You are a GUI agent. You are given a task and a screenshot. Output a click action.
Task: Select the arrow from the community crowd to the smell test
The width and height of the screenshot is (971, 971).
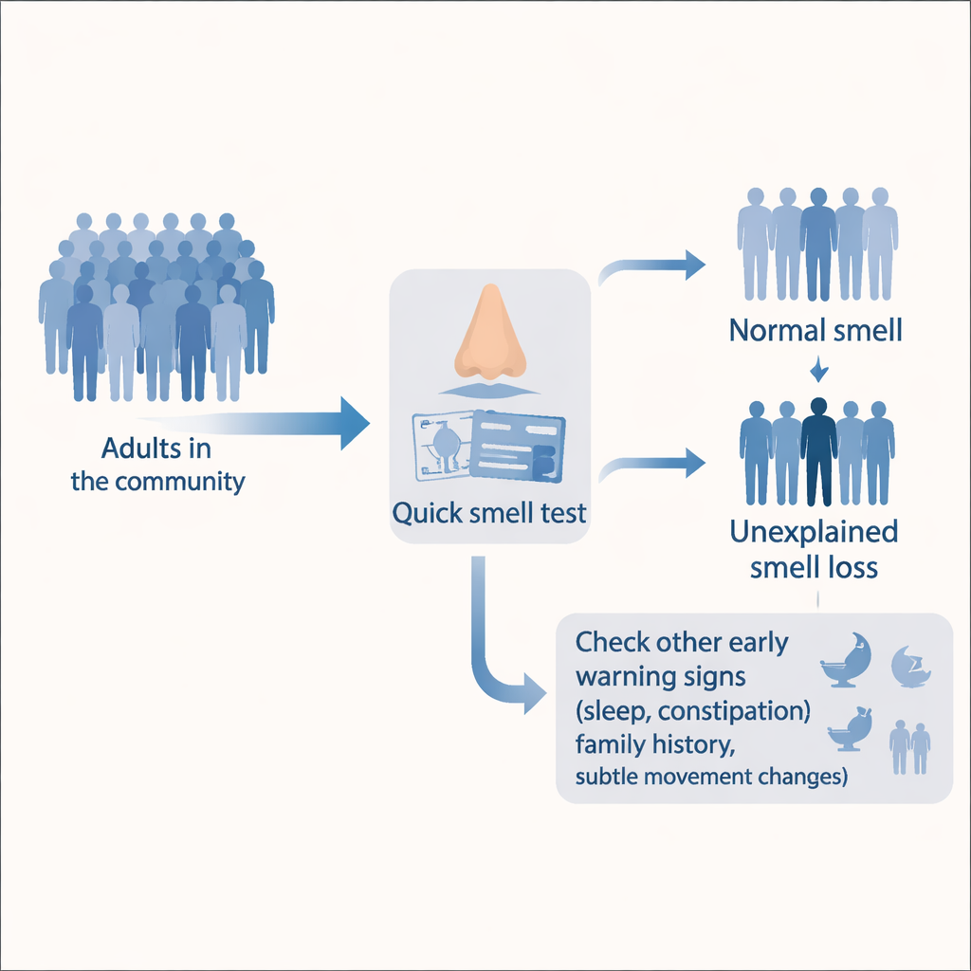(284, 422)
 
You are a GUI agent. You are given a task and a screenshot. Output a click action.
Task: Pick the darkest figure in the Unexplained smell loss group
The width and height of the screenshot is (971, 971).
(818, 451)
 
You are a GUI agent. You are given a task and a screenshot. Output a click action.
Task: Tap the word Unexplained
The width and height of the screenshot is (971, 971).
(814, 532)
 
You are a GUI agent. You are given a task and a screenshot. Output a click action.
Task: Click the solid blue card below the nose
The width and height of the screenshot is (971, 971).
(517, 445)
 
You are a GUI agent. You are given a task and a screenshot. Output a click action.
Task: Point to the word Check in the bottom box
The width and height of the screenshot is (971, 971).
(612, 642)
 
